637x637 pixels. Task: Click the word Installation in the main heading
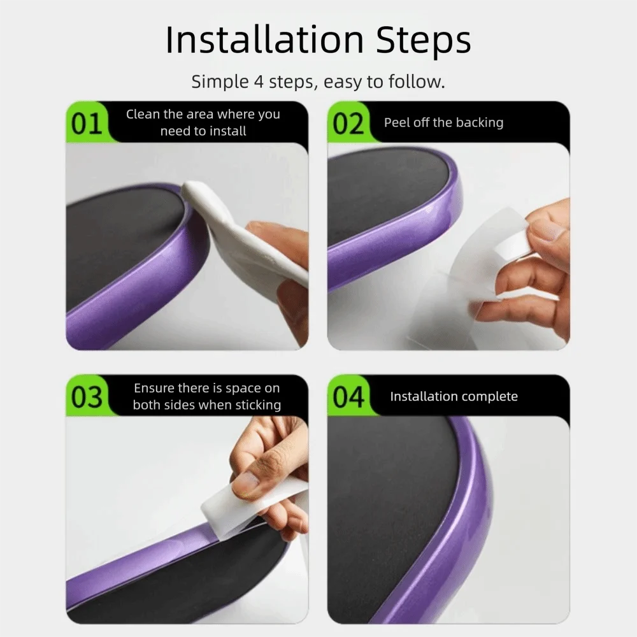[264, 39]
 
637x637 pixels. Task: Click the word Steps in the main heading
[424, 41]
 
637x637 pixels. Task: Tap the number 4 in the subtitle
[259, 82]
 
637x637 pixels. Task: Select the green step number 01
[86, 124]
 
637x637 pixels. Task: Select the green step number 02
[348, 124]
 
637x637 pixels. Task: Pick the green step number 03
[87, 397]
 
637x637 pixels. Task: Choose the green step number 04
[348, 397]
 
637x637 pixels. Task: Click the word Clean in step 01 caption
[143, 114]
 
